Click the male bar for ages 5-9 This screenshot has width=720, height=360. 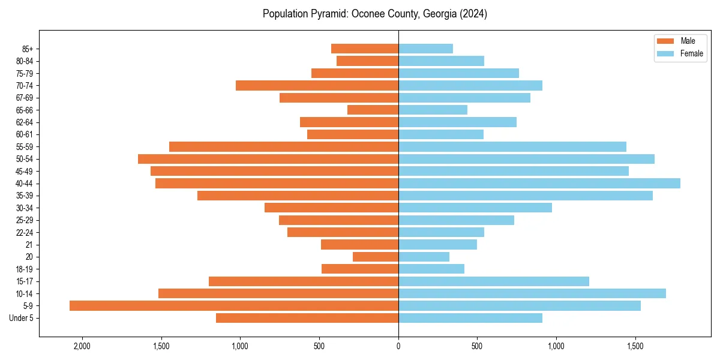234,306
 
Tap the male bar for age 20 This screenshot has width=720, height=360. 376,257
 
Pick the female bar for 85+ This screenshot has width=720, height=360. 425,49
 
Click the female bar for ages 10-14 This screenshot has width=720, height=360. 532,293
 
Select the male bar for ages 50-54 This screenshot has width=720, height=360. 268,159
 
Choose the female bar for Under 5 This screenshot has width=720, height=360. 470,318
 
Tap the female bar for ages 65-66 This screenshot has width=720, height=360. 433,110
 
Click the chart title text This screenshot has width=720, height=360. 375,14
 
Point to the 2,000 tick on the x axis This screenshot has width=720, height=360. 82,346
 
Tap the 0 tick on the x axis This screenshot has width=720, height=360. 398,346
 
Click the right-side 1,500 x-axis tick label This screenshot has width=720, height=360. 635,346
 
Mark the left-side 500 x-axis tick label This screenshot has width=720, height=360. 319,346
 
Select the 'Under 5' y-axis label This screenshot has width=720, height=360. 22,318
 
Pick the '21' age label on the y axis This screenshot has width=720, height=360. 29,245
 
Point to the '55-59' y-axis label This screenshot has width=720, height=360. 25,147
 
